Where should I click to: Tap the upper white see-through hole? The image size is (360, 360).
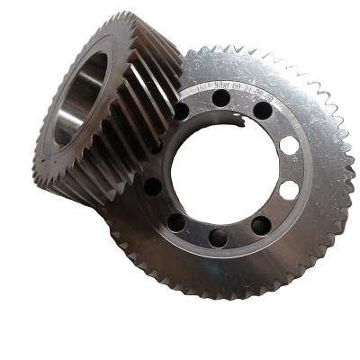pos(288,145)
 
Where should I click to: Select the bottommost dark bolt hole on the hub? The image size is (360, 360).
pos(219,239)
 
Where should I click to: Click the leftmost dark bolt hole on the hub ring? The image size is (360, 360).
pos(153,187)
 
